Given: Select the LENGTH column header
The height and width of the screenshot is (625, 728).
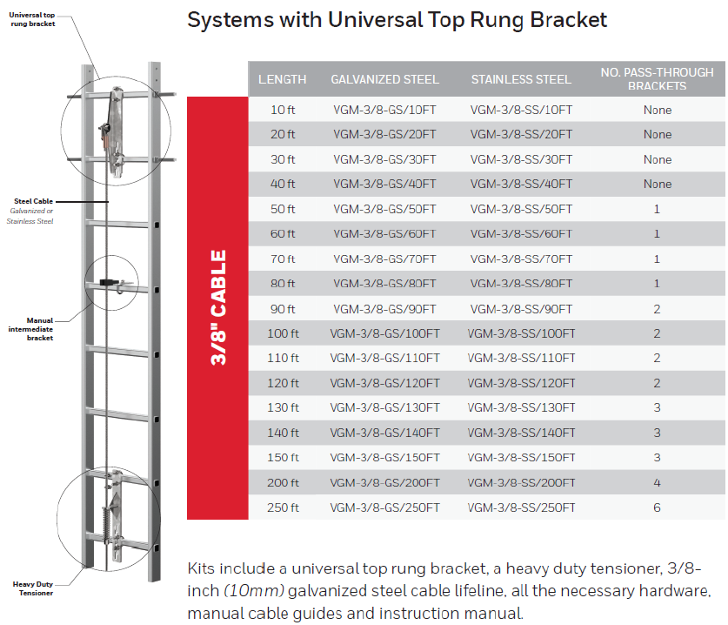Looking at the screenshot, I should point(283,80).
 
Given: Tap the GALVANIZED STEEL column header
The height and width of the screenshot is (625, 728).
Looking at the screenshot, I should point(384,80).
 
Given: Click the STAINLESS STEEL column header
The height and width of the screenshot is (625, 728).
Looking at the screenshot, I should point(521,80).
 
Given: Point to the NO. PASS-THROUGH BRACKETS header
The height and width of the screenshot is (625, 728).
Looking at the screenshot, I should point(657,79).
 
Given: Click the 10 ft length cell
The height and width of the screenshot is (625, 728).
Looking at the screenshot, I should point(283,111).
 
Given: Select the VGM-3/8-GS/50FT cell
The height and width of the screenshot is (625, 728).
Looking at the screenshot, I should point(384,210).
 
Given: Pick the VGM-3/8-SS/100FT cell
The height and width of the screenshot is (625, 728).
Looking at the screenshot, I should point(521,334).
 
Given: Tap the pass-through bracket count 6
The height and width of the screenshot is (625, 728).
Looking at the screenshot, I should point(658,507).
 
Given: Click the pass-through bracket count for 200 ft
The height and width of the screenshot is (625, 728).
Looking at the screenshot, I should point(658,483).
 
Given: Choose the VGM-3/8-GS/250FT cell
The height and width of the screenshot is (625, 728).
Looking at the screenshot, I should point(384,507).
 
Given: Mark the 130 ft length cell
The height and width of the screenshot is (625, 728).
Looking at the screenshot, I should point(283,408).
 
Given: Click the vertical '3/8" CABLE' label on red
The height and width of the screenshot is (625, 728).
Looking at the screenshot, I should point(218,308).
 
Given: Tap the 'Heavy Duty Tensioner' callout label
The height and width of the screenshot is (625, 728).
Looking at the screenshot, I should point(32,588).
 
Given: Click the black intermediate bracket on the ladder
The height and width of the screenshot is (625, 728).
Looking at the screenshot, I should point(110,282).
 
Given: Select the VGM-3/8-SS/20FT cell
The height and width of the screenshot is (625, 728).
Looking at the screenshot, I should point(521,135).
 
